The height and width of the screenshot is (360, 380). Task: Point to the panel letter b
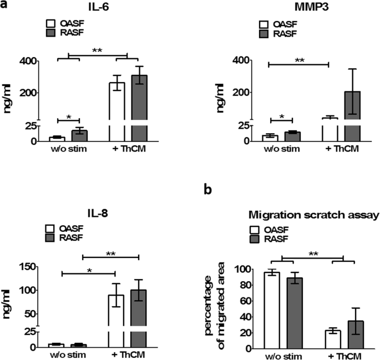(208, 190)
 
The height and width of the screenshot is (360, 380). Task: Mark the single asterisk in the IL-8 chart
(88, 268)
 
